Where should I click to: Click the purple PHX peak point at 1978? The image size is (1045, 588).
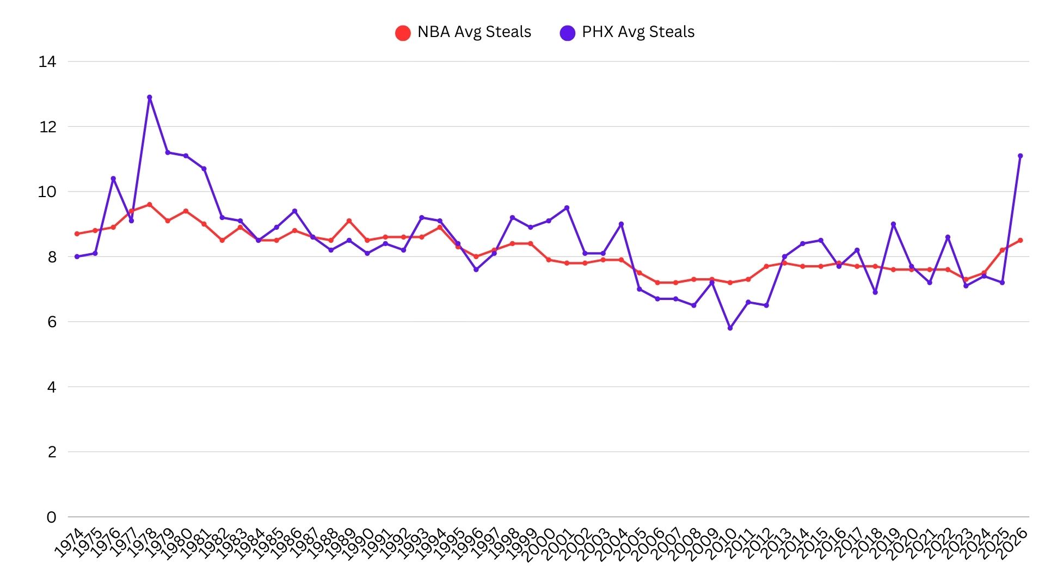pos(150,97)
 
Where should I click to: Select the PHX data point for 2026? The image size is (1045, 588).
pos(1020,156)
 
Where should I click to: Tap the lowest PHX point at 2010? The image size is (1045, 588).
pos(730,328)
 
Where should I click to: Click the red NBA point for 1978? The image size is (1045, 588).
pos(150,205)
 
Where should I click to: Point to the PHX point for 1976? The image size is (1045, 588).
pos(113,179)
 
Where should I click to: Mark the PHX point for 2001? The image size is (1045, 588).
pos(567,208)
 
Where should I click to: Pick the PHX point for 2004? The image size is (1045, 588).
pos(621,224)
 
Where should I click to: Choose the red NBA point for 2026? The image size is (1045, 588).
pos(1020,240)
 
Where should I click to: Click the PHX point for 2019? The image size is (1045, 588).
pos(893,224)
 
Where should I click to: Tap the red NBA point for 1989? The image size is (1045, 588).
pos(349,221)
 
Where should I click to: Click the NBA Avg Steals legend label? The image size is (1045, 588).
pos(474,32)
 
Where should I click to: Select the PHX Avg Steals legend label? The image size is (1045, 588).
pos(638,32)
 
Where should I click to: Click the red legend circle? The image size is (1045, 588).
pos(403,33)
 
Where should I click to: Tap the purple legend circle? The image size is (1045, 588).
pos(567,33)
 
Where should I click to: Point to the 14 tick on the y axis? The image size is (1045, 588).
pos(47,62)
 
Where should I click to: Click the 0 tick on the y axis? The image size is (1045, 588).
pos(51,517)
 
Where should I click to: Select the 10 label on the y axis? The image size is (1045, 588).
pos(47,192)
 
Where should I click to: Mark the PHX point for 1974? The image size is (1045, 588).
pos(77,256)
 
